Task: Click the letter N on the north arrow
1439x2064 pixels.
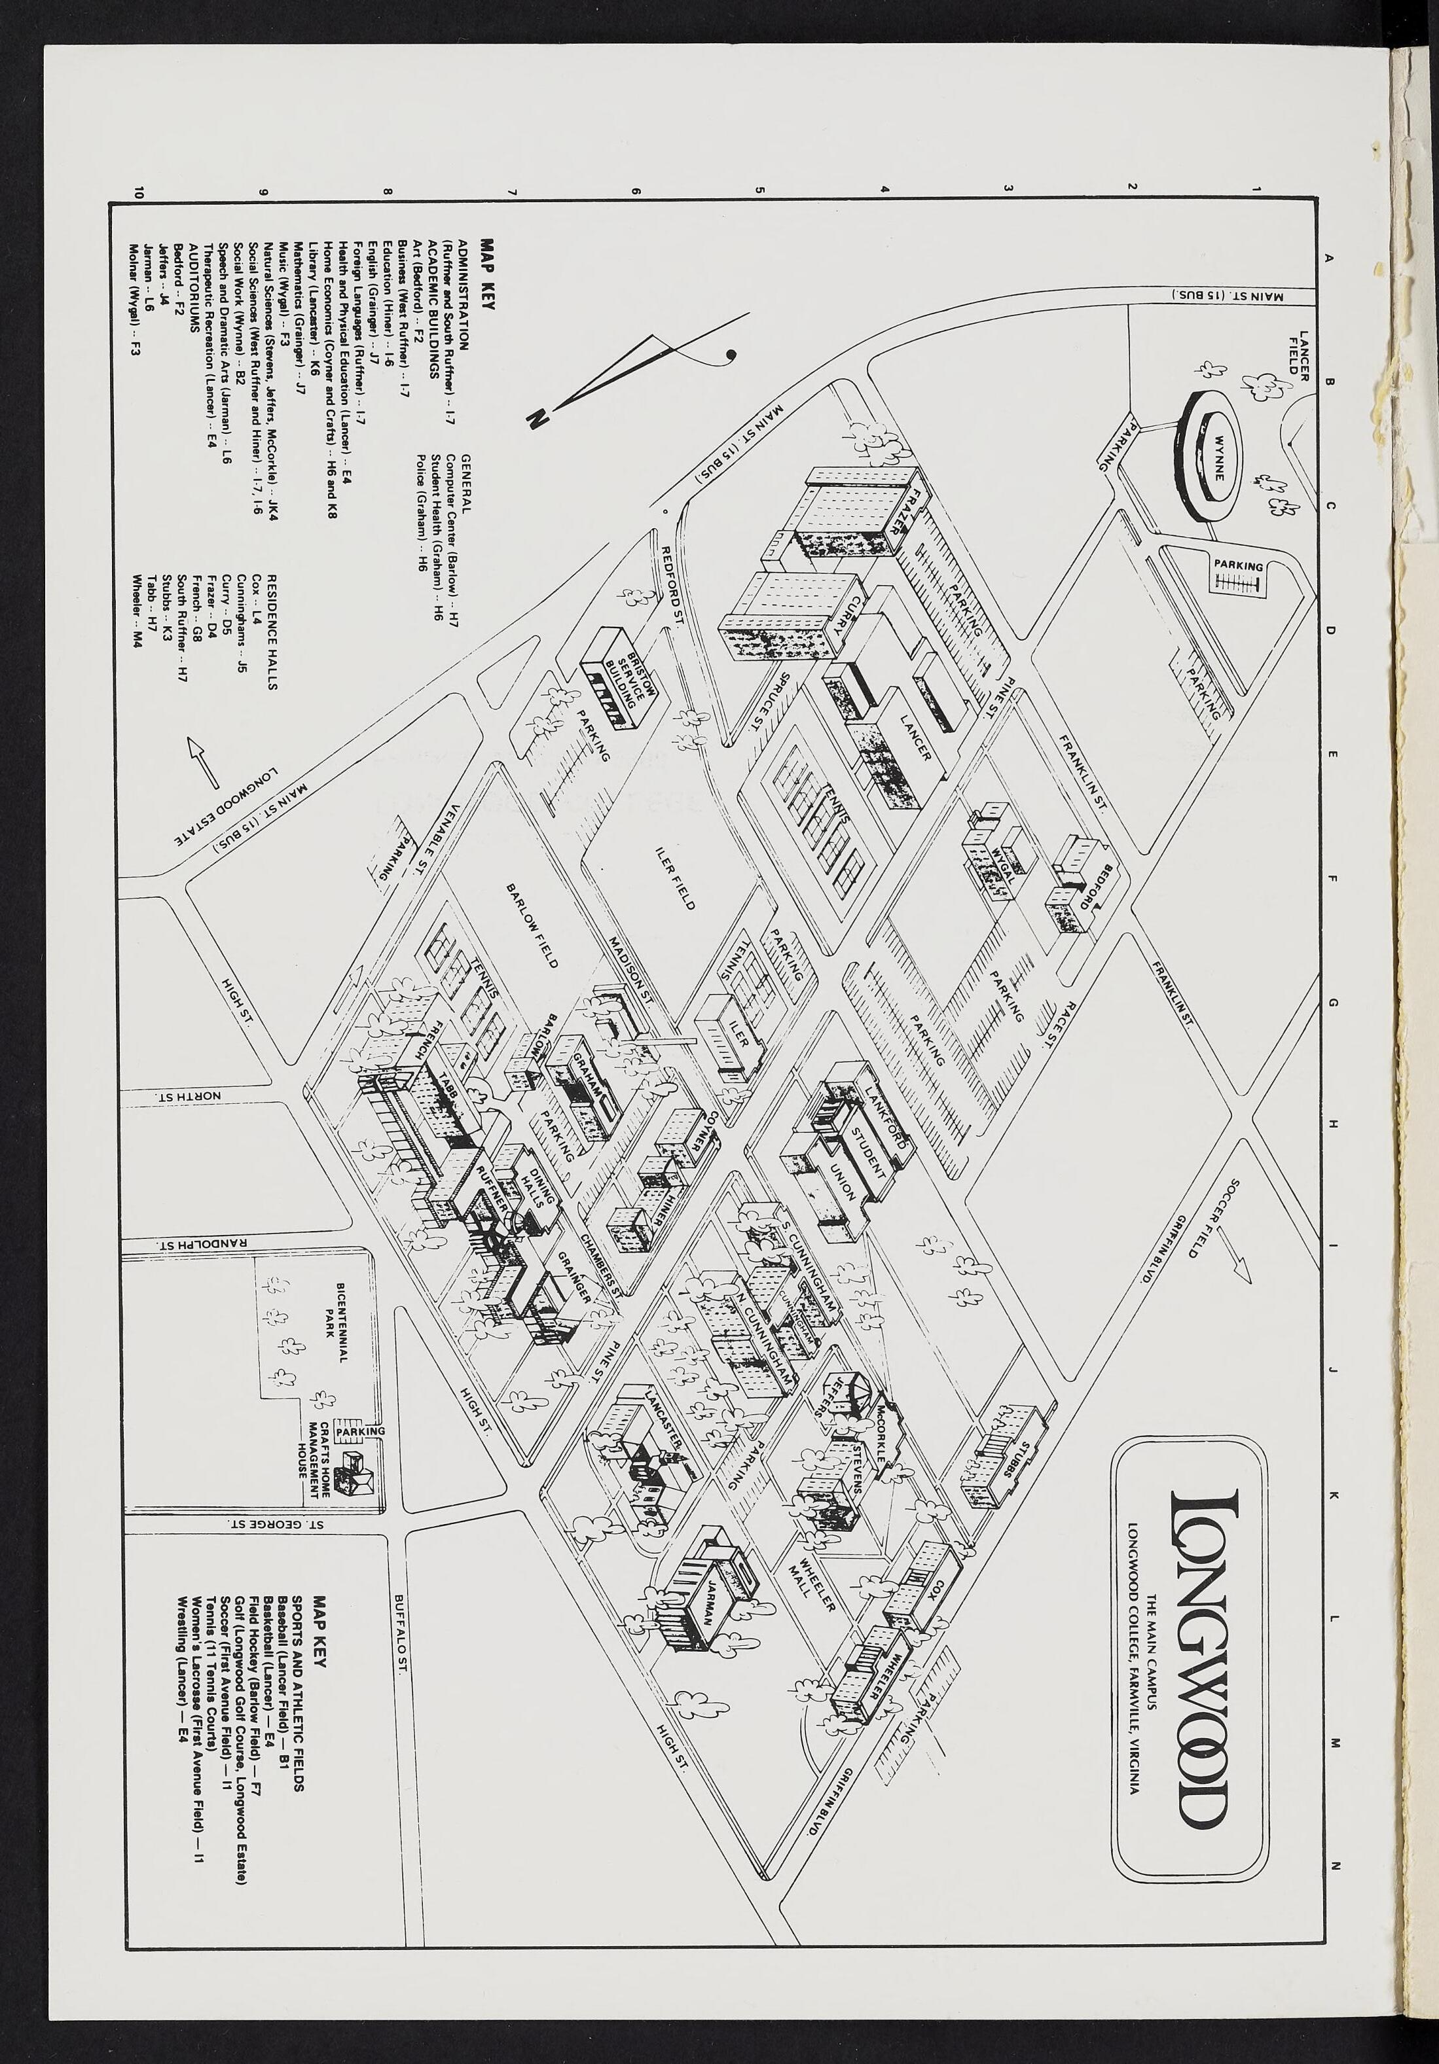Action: click(538, 416)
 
